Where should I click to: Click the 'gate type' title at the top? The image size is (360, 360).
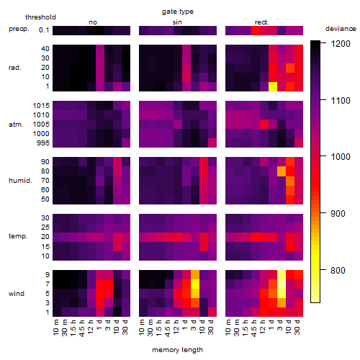178,12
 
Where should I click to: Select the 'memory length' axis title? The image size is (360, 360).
177,350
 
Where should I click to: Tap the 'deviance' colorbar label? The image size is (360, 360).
341,29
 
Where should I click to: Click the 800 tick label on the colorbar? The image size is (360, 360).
338,271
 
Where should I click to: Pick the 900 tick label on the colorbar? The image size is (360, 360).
338,214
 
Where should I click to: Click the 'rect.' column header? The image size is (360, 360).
261,22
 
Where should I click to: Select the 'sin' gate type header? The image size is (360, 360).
177,22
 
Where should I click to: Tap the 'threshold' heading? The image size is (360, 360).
40,17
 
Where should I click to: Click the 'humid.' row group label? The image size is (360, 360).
20,181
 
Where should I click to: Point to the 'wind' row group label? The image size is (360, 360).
17,294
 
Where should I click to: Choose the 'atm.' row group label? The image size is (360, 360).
16,125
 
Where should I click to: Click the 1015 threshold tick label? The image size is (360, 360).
41,106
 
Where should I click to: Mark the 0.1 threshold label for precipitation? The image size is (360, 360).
44,30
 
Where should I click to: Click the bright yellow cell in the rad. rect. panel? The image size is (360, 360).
273,86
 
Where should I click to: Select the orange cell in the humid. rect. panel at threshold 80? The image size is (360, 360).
282,171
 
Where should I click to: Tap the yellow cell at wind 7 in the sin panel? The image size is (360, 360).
195,284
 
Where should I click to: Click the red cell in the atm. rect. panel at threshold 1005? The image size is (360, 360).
264,125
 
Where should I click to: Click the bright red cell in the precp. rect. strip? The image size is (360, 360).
256,30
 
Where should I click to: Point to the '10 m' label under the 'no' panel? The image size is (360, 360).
56,328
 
